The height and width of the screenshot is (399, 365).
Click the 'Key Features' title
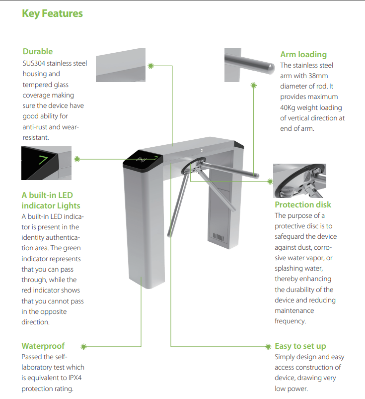pos(52,13)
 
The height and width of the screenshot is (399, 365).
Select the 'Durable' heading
pos(38,51)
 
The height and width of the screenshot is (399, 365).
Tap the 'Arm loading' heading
pos(303,54)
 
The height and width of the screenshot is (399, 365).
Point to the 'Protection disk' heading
pos(303,204)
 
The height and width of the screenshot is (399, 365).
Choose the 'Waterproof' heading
pos(43,346)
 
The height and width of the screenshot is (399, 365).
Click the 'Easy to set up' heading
pos(300,346)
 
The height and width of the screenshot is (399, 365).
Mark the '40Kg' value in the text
pos(288,107)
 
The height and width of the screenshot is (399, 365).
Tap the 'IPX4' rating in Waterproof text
pos(75,378)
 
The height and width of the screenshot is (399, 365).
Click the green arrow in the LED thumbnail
pos(43,160)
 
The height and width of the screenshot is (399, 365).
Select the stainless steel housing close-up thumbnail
pos(121,65)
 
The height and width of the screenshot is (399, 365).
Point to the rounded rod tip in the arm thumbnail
pos(271,68)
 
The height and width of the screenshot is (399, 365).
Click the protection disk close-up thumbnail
pos(299,181)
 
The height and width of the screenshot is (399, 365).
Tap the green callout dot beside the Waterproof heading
pos(83,347)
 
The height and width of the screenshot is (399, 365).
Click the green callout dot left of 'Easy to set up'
pos(268,347)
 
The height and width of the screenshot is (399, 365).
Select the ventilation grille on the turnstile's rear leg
pos(218,237)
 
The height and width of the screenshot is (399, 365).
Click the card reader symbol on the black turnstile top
pos(141,160)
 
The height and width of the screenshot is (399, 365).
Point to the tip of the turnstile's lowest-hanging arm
pos(169,235)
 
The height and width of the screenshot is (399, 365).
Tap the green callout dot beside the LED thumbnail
pos(77,159)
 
